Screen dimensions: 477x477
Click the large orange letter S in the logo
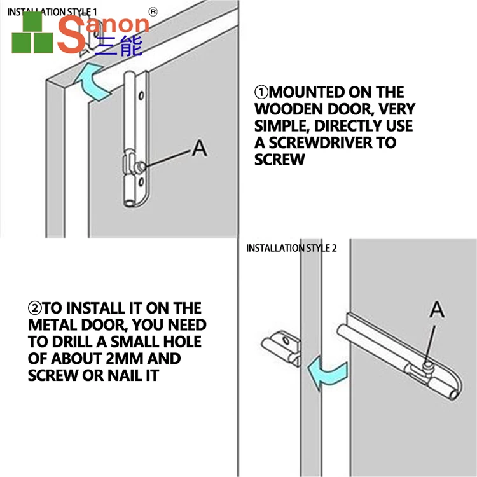71,34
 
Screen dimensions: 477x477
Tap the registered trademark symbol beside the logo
153,12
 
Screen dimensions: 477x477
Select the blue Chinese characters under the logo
119,46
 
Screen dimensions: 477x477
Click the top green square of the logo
32,21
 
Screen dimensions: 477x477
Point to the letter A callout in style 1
200,148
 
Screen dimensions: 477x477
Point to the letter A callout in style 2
437,309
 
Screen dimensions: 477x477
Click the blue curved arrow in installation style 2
328,373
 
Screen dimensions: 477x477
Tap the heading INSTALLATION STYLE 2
291,248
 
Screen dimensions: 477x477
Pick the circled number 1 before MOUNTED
261,92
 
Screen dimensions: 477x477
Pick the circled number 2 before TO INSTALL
35,308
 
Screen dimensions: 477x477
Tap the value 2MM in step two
125,359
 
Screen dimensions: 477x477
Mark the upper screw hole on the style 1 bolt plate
141,96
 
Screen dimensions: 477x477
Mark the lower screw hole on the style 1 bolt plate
141,183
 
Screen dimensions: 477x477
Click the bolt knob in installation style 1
141,167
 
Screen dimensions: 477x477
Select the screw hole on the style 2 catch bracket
286,340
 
